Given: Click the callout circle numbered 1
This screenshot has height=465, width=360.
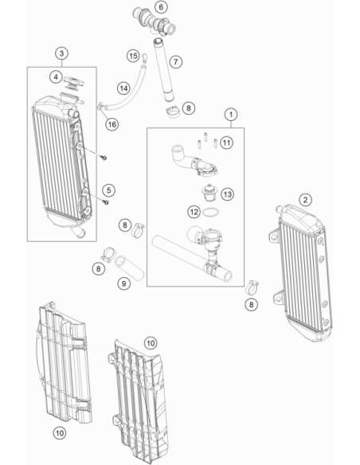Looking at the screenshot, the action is pyautogui.click(x=231, y=115).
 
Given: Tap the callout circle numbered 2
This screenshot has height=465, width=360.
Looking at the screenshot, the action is pyautogui.click(x=305, y=200).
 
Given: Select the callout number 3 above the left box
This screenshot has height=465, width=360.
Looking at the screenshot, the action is pyautogui.click(x=61, y=53).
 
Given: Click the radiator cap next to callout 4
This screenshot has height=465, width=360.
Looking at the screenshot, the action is pyautogui.click(x=73, y=82).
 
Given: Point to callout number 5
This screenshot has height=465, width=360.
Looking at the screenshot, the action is pyautogui.click(x=109, y=190).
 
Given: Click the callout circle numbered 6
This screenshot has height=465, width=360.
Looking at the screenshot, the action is pyautogui.click(x=161, y=7).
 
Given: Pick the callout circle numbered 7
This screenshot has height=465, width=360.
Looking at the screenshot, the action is pyautogui.click(x=176, y=61).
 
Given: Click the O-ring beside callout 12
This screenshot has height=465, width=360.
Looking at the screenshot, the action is pyautogui.click(x=211, y=213).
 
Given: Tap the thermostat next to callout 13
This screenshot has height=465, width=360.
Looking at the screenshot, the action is pyautogui.click(x=209, y=193).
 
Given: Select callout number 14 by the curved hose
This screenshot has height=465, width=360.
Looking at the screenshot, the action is pyautogui.click(x=123, y=88).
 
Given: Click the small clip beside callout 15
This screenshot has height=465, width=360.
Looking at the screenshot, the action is pyautogui.click(x=144, y=57).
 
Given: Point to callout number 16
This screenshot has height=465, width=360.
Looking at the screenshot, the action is pyautogui.click(x=112, y=124).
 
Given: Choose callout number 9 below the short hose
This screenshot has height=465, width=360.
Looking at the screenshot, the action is pyautogui.click(x=123, y=283).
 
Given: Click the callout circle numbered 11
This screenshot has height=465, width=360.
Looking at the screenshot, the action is pyautogui.click(x=226, y=143).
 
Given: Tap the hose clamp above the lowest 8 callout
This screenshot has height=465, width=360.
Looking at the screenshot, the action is pyautogui.click(x=252, y=287).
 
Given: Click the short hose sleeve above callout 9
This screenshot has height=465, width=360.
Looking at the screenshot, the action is pyautogui.click(x=129, y=268).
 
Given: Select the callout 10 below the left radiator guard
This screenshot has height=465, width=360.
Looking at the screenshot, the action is pyautogui.click(x=60, y=433).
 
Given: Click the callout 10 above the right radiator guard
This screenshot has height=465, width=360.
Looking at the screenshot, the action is pyautogui.click(x=151, y=343).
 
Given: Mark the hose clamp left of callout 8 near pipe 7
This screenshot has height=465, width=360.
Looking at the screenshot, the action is pyautogui.click(x=172, y=111).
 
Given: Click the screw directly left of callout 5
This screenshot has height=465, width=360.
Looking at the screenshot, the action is pyautogui.click(x=105, y=202).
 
